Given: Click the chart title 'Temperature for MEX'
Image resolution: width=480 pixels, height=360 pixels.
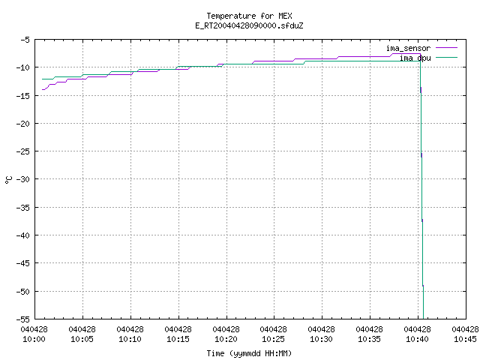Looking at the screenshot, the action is pyautogui.click(x=249, y=16).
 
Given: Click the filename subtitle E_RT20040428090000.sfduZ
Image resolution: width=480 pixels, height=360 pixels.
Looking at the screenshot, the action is pyautogui.click(x=249, y=25).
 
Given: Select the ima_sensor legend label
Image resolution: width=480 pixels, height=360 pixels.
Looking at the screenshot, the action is pyautogui.click(x=408, y=48).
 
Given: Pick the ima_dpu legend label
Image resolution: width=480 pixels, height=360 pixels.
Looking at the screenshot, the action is pyautogui.click(x=415, y=58).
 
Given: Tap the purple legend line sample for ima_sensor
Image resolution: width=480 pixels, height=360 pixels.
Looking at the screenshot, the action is pyautogui.click(x=447, y=48).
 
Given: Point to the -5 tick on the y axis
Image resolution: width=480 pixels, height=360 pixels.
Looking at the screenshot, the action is pyautogui.click(x=25, y=40).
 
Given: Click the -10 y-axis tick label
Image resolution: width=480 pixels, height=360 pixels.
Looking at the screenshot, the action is pyautogui.click(x=23, y=67).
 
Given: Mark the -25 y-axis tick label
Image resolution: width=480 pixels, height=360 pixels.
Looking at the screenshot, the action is pyautogui.click(x=23, y=151).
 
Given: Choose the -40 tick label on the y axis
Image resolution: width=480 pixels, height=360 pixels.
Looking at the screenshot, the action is pyautogui.click(x=23, y=235).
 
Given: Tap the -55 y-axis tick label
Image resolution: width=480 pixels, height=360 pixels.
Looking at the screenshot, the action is pyautogui.click(x=23, y=319).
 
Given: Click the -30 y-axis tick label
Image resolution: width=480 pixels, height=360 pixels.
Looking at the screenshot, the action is pyautogui.click(x=23, y=179).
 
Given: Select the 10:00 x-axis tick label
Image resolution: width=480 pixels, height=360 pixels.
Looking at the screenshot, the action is pyautogui.click(x=34, y=334).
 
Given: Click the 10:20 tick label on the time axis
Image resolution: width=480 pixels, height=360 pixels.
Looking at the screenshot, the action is pyautogui.click(x=226, y=334).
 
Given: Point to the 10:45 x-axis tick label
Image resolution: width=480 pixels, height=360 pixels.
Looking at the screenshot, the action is pyautogui.click(x=465, y=334).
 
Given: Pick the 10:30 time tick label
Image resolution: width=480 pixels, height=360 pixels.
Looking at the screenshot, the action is pyautogui.click(x=322, y=334).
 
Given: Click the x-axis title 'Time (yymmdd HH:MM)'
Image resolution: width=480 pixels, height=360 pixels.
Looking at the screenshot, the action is pyautogui.click(x=249, y=353).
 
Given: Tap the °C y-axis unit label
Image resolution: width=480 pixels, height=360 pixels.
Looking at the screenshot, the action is pyautogui.click(x=8, y=180).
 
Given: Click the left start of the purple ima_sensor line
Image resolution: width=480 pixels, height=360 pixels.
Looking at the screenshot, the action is pyautogui.click(x=42, y=90).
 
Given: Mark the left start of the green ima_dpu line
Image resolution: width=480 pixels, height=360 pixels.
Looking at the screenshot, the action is pyautogui.click(x=42, y=79).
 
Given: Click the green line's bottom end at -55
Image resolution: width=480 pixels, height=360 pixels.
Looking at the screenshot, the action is pyautogui.click(x=423, y=319).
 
